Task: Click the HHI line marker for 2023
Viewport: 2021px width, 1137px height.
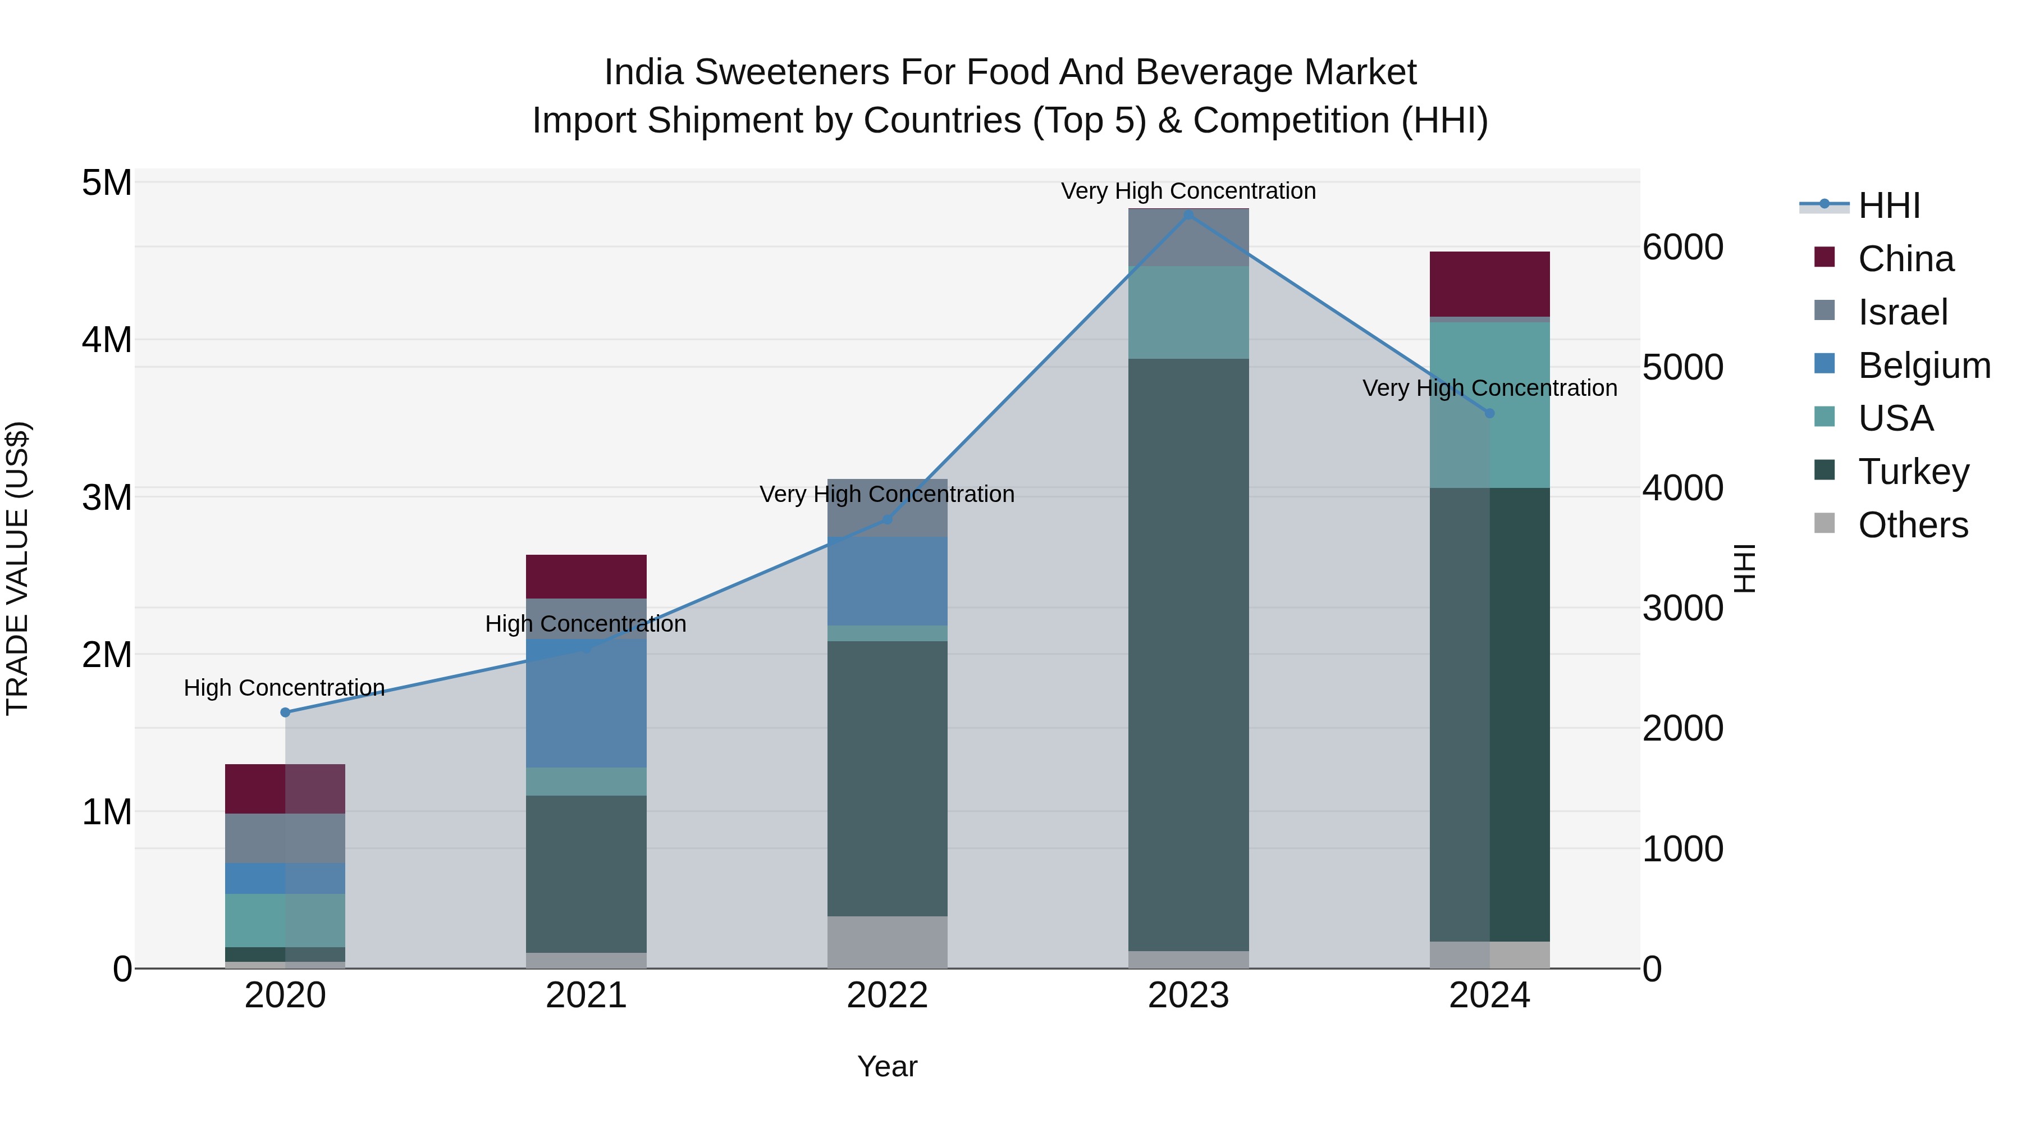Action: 1188,215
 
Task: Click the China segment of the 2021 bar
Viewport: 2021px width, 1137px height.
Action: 586,577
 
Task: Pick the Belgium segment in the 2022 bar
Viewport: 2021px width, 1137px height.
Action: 888,581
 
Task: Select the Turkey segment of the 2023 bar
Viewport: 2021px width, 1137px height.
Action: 1188,655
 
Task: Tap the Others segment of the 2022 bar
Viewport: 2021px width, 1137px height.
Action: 888,942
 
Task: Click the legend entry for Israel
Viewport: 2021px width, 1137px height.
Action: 1902,312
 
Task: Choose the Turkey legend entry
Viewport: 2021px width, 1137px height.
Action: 1913,472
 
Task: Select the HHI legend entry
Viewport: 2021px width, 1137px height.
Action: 1889,206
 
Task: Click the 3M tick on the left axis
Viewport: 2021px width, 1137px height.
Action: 107,497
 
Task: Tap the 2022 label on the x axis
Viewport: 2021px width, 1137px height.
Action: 888,996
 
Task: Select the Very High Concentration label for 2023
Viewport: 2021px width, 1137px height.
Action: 1188,191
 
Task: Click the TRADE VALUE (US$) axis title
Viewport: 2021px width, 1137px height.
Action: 17,568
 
